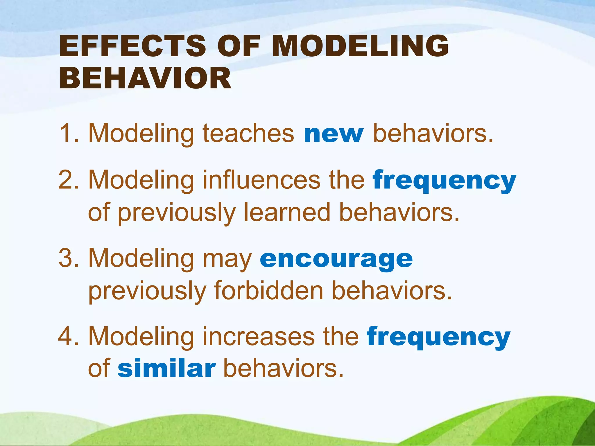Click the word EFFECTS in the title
132,46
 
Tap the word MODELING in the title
360,46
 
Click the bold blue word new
334,134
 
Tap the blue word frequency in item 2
445,181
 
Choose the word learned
287,213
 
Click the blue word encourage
336,259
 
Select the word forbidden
269,291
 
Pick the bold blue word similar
167,369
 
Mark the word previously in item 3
147,292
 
